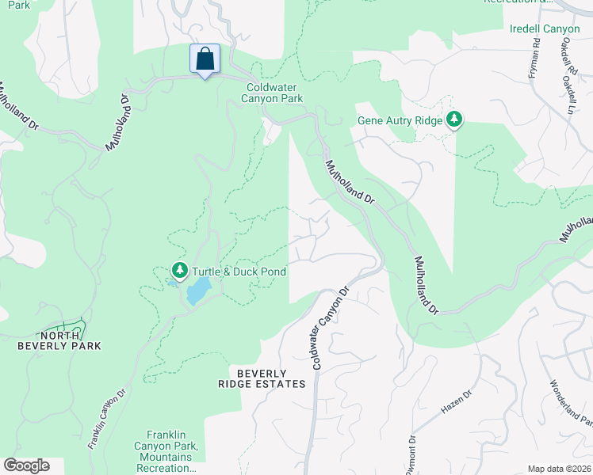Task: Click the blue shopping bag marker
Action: click(x=205, y=59)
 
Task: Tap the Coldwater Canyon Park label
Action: click(x=275, y=93)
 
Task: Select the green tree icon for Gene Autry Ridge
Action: click(x=454, y=120)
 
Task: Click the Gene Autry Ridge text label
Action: click(x=399, y=121)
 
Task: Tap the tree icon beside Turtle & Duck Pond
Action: click(x=180, y=272)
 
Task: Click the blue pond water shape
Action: click(x=197, y=291)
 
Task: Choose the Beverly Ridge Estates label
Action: click(x=261, y=378)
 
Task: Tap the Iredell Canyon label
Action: click(x=545, y=29)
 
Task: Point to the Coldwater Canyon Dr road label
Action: click(x=330, y=329)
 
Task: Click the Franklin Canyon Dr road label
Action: click(x=108, y=419)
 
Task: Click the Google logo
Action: click(x=26, y=465)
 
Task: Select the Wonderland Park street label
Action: click(x=571, y=404)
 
